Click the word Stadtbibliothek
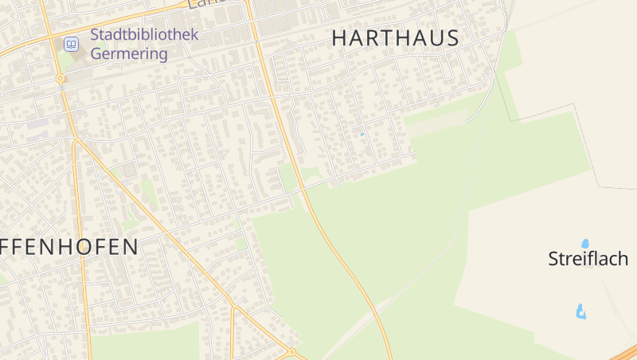[x=144, y=35]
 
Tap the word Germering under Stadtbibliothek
[x=129, y=54]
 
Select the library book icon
[x=72, y=45]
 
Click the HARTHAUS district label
[x=395, y=38]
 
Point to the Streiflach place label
[x=588, y=259]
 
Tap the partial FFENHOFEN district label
[x=69, y=247]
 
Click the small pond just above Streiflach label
[x=585, y=243]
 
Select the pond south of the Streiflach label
[x=581, y=311]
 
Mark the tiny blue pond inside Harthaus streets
[x=361, y=134]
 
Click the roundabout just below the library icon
[x=60, y=79]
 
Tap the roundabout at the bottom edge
[x=291, y=351]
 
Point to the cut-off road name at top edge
[x=202, y=4]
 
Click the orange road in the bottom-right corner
[x=625, y=354]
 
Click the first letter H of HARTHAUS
[x=339, y=38]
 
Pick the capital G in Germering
[x=97, y=54]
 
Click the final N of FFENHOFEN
[x=131, y=247]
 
